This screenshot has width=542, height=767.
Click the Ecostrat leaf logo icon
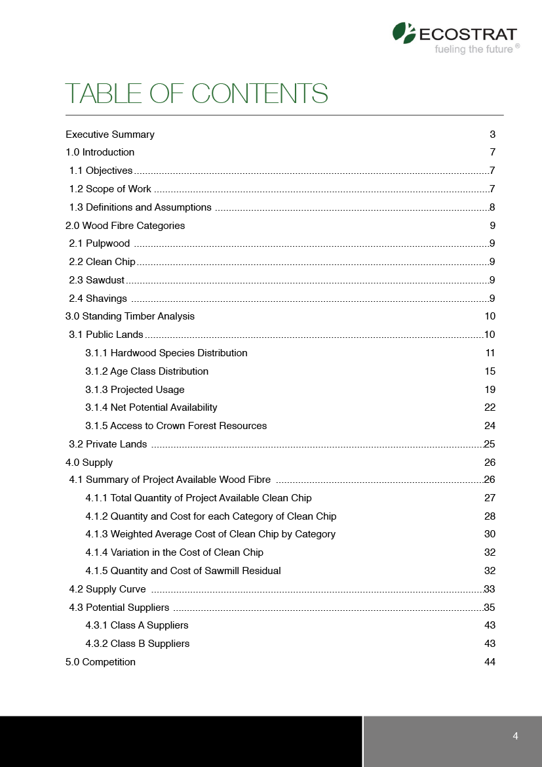click(404, 33)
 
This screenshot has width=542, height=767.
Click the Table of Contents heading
click(196, 94)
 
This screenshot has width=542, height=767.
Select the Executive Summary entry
click(110, 135)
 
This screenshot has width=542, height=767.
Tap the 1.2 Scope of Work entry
click(110, 189)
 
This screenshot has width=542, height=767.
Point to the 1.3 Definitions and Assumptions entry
click(140, 207)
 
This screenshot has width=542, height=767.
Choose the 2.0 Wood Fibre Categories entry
click(125, 226)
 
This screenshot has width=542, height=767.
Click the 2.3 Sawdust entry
click(97, 280)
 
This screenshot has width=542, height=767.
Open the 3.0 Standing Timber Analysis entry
click(130, 316)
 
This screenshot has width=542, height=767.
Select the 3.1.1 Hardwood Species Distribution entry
click(166, 353)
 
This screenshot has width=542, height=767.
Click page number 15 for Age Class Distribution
click(490, 371)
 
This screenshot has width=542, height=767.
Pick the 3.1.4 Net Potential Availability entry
click(151, 407)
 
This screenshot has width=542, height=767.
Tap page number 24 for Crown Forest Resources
click(490, 426)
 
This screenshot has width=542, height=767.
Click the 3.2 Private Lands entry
click(108, 444)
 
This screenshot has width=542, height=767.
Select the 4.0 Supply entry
click(89, 463)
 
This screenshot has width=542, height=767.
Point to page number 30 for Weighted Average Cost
click(490, 534)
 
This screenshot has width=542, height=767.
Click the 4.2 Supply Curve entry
click(107, 589)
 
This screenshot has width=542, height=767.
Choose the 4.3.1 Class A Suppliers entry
click(137, 625)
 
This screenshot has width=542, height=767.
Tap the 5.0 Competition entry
click(100, 662)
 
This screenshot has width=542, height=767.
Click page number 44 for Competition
click(490, 662)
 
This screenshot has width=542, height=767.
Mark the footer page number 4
click(515, 736)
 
